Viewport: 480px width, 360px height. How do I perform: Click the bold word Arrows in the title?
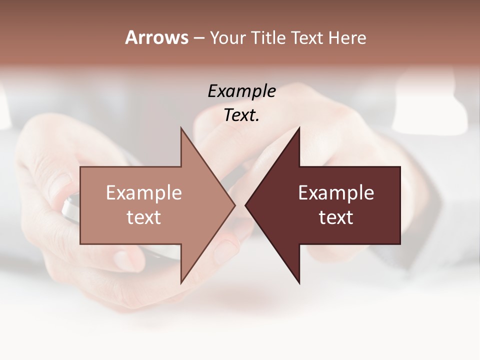click(x=156, y=37)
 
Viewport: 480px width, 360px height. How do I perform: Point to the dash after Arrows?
click(x=198, y=39)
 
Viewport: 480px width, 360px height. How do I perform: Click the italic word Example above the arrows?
click(x=241, y=91)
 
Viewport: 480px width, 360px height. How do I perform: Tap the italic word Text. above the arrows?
click(x=241, y=115)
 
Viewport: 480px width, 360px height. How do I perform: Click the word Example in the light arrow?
click(x=144, y=193)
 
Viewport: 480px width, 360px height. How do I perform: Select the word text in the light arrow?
click(x=144, y=217)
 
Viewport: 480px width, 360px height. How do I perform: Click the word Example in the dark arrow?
click(x=336, y=193)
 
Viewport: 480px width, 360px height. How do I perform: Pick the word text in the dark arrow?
click(x=336, y=217)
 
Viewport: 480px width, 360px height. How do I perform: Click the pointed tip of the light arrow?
click(x=234, y=205)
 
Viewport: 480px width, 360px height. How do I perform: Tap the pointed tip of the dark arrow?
click(x=246, y=205)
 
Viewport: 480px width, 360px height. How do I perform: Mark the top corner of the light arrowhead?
click(x=181, y=128)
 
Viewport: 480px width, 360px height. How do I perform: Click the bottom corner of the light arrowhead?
click(x=181, y=282)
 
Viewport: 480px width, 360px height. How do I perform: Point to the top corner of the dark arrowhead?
click(x=299, y=128)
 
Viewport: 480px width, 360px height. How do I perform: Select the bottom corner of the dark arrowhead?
click(x=299, y=282)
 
